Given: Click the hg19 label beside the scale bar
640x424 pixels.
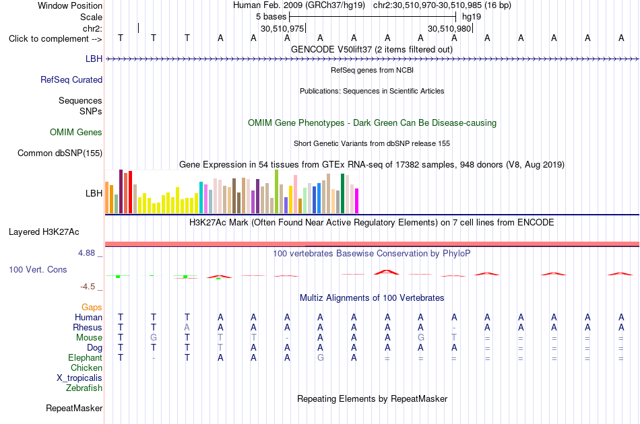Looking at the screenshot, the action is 472,17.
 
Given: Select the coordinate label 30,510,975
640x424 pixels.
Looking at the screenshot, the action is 282,29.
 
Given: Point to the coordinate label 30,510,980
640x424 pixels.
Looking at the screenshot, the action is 449,29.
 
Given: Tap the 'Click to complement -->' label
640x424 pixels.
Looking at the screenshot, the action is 55,39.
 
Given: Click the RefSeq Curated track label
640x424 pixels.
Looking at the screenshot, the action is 71,80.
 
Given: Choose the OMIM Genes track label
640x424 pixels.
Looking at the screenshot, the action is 76,132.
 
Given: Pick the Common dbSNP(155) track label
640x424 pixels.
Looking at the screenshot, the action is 60,153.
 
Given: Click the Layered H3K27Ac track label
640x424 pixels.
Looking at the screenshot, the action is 44,232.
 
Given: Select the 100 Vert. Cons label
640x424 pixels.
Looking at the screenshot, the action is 38,269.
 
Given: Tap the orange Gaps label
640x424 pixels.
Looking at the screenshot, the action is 92,308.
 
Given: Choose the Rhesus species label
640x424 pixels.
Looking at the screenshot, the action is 88,327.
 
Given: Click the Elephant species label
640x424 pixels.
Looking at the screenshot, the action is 86,357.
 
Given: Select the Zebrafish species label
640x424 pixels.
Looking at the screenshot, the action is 84,388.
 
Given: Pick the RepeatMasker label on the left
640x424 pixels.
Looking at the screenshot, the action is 74,408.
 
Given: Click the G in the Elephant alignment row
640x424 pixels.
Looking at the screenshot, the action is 321,358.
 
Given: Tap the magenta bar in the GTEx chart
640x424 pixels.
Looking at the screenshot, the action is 357,201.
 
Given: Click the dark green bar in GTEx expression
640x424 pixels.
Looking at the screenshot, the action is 342,194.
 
